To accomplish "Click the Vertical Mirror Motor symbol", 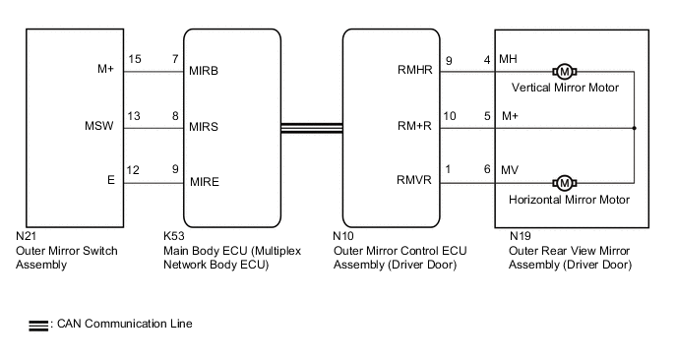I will [565, 71].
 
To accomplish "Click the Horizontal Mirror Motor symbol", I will [565, 182].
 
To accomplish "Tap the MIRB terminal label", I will [203, 71].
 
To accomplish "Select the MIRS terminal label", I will [203, 127].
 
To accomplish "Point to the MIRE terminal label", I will [203, 182].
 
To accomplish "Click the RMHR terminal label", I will [413, 71].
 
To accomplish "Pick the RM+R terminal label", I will [413, 127].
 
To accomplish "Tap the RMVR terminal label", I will [413, 182].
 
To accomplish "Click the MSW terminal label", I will [99, 127].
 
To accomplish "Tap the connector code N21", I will [27, 237].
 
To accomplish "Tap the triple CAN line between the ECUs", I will [310, 127].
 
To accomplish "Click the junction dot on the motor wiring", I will [634, 127].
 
